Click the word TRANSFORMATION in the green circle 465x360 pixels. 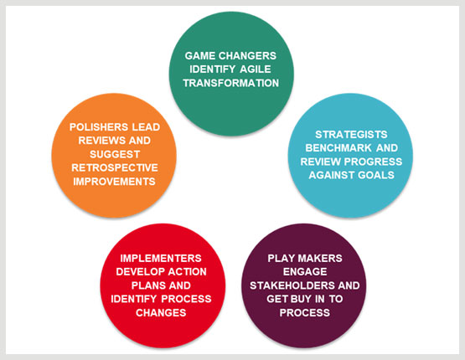[230, 83]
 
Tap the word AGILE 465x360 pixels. [256, 69]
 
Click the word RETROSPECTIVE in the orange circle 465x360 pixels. [115, 167]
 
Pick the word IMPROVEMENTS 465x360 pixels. [115, 182]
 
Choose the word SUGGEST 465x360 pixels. [115, 154]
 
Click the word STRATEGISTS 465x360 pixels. [351, 135]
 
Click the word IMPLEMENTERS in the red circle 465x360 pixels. [161, 259]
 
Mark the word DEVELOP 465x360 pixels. [141, 272]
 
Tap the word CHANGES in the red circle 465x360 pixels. [161, 312]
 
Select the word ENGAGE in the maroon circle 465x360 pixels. [305, 272]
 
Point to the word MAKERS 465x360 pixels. [323, 259]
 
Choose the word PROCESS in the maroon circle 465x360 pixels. [305, 312]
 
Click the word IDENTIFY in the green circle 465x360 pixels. [213, 69]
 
